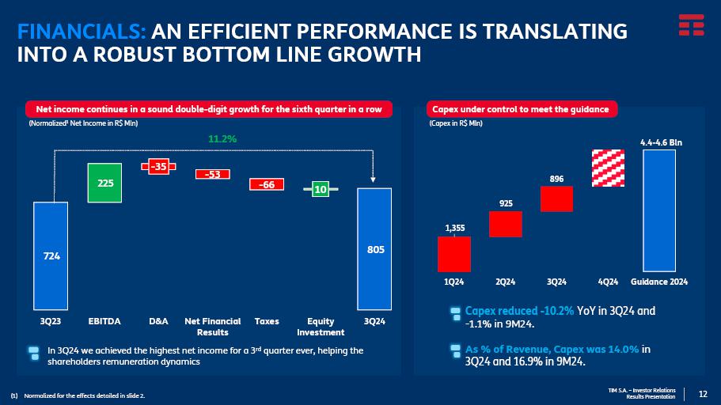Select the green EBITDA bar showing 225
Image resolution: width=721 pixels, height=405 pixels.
click(104, 183)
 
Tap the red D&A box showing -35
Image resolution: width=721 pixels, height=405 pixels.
click(158, 166)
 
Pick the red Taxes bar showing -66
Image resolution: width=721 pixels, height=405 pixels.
click(267, 184)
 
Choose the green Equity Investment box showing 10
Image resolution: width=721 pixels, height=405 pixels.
click(321, 189)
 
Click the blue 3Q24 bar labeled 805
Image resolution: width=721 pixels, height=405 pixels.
click(375, 248)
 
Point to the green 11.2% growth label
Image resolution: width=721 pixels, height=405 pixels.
click(222, 139)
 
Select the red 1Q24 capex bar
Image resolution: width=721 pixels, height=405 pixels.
click(454, 254)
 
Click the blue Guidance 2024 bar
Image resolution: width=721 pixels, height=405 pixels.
click(659, 210)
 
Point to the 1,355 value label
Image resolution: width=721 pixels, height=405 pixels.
click(454, 228)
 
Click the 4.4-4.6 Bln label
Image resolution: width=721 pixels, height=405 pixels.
click(660, 142)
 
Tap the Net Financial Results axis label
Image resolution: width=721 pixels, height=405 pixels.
click(212, 327)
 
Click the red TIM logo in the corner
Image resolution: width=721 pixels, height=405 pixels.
click(690, 25)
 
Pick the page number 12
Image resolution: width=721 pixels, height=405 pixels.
click(703, 394)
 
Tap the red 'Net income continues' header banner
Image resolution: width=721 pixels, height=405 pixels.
click(209, 109)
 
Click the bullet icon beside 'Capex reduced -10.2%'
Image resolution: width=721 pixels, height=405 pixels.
click(455, 314)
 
